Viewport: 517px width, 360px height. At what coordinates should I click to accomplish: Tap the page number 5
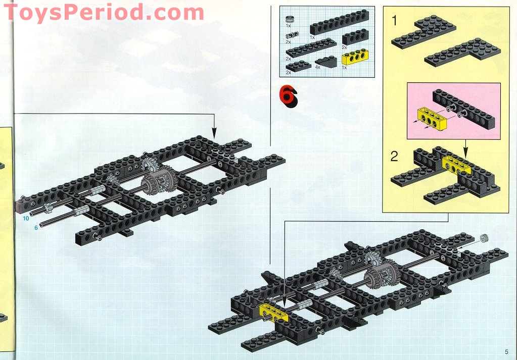tap(505, 351)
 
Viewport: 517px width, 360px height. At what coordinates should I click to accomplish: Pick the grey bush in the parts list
tap(290, 19)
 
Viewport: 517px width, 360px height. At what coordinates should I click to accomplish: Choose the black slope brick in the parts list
tap(326, 61)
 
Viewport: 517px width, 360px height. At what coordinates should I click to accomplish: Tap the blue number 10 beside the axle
tap(26, 219)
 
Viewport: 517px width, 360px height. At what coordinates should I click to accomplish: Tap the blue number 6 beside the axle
tap(36, 228)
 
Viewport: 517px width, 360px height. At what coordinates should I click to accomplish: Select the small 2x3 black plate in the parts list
tap(299, 65)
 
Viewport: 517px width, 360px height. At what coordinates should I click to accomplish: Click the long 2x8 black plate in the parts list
tap(311, 47)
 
